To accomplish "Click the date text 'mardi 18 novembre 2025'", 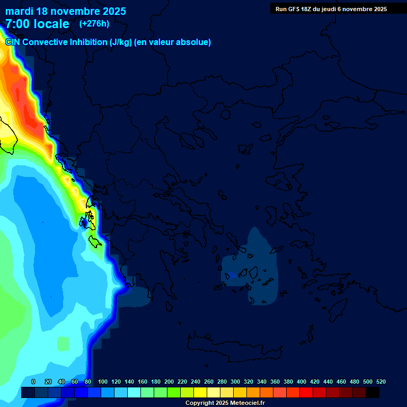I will click(66, 11).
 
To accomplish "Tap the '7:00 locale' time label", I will click(37, 24).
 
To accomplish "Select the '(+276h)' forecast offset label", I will click(94, 23).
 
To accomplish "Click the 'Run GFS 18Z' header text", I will click(294, 9).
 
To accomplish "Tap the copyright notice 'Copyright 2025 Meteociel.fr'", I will click(225, 403).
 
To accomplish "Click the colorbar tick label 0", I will click(33, 382).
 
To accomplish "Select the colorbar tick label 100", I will click(103, 382).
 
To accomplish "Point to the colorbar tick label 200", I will click(169, 382).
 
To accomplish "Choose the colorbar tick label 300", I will click(235, 382).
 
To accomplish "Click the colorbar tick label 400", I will click(302, 382).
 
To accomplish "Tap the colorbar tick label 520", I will click(381, 382).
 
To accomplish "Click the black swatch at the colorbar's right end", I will click(373, 393).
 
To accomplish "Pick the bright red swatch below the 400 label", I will click(306, 393).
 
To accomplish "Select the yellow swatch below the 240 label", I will click(200, 393).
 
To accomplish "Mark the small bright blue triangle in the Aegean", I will click(232, 276).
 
